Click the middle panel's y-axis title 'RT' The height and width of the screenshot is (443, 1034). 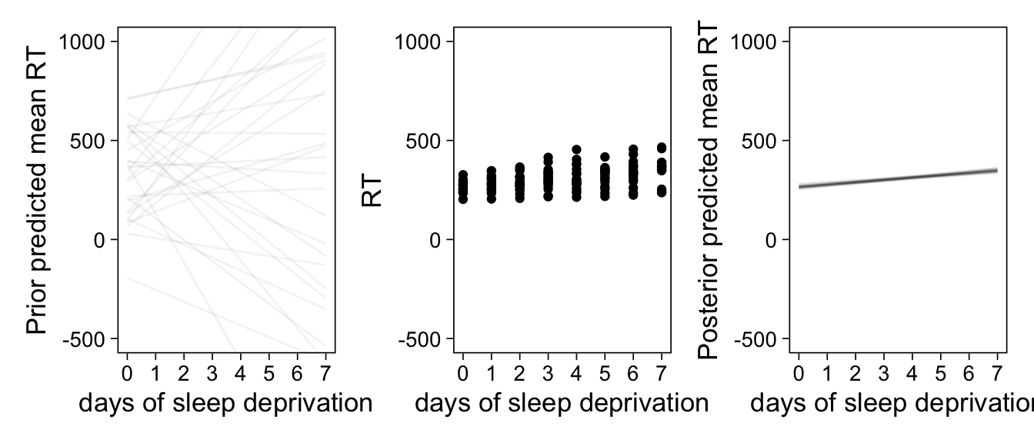click(372, 189)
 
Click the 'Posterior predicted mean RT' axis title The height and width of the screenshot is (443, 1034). click(709, 189)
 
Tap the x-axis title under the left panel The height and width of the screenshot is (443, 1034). click(225, 403)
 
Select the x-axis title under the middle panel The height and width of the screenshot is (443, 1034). click(562, 403)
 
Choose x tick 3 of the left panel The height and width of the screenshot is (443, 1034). click(212, 375)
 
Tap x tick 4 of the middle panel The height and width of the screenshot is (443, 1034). click(576, 375)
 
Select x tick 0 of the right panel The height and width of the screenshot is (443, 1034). click(799, 375)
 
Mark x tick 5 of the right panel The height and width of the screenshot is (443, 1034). click(940, 375)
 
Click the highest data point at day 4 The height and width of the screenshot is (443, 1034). click(576, 150)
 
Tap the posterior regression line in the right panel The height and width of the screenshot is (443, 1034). click(898, 178)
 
